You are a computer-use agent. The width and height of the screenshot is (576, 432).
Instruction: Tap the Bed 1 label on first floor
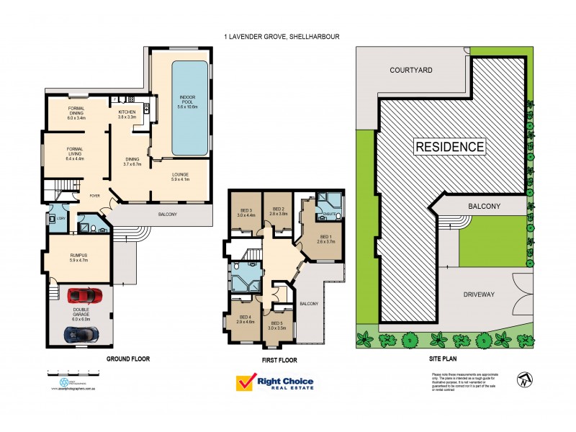click(325, 238)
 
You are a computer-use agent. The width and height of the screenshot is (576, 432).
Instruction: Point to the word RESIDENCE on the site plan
click(449, 147)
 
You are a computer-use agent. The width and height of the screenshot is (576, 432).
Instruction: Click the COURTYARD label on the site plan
click(410, 71)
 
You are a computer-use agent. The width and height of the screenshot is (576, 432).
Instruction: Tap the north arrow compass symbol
click(522, 377)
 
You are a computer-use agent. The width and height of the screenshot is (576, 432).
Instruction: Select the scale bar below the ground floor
click(72, 373)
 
